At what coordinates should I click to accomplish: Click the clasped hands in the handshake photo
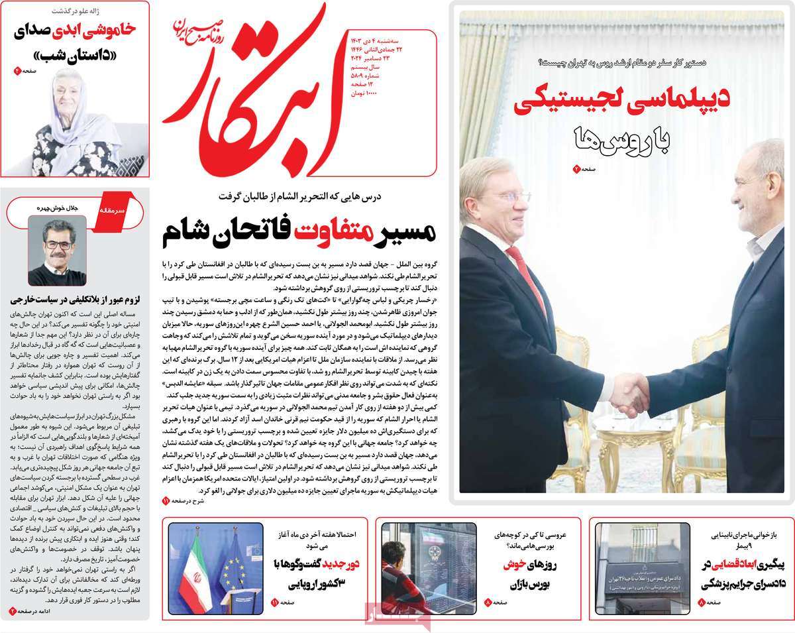pos(629,393)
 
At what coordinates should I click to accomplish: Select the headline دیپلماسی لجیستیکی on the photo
pos(622,101)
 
